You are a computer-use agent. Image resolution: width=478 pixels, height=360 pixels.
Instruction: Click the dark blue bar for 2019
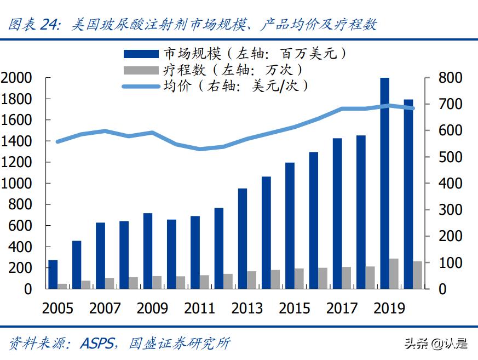385,183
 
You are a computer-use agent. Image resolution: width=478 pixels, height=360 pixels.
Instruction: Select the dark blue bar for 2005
53,274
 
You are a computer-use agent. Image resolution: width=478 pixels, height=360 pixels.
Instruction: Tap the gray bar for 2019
394,273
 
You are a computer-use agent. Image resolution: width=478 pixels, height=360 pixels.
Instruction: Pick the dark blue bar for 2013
243,238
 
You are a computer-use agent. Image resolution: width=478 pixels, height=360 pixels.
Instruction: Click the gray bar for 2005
62,286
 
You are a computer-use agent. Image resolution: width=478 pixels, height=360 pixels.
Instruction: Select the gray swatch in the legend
141,70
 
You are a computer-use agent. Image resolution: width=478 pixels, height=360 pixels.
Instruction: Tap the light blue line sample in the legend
141,86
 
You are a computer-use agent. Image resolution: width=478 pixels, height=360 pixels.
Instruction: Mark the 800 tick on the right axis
450,78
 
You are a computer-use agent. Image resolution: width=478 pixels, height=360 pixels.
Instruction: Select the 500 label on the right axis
450,157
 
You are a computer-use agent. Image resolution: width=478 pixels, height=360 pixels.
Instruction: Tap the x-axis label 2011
199,308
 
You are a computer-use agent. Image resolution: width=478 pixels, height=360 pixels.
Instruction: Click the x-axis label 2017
342,308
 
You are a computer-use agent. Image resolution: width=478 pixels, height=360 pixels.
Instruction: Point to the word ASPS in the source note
97,344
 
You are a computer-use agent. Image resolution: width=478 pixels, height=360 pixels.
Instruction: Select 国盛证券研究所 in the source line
179,344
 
